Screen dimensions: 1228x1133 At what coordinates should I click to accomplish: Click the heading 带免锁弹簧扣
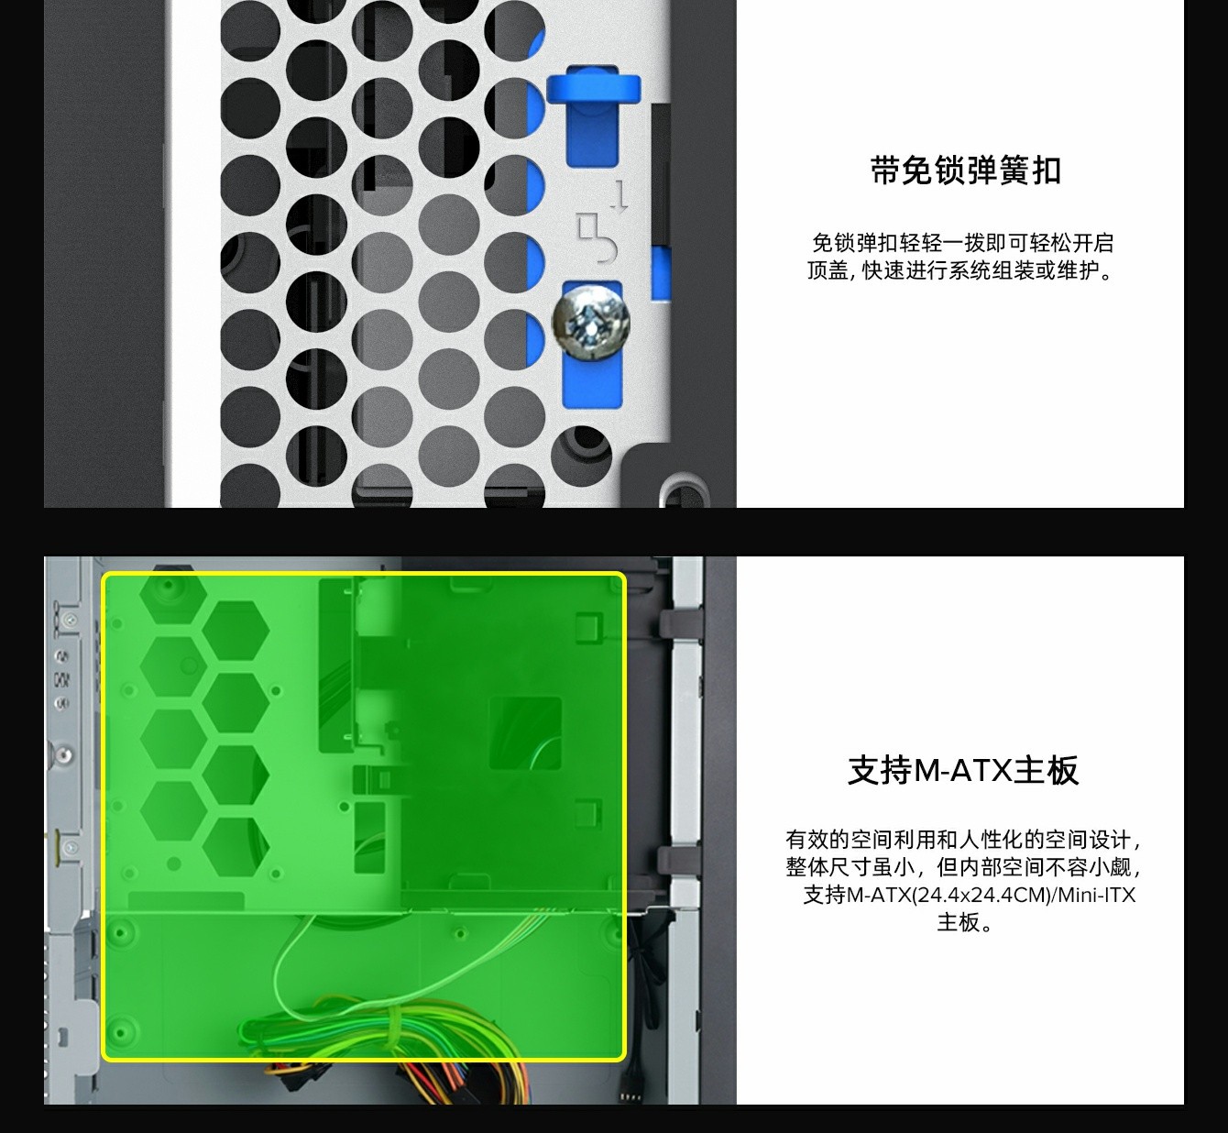[x=965, y=170]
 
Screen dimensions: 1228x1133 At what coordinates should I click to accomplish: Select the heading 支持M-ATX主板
[x=963, y=770]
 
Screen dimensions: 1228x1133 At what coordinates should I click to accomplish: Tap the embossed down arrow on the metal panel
[x=619, y=197]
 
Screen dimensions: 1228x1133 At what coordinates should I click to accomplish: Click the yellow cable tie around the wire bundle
[x=392, y=1027]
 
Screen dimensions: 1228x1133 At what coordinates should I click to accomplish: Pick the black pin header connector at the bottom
[x=630, y=1098]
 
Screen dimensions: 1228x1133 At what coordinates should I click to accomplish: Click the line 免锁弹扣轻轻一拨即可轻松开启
[x=962, y=243]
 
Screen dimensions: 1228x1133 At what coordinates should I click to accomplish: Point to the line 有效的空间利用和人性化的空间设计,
[x=963, y=840]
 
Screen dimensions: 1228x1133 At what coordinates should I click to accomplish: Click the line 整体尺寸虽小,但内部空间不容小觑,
[x=963, y=867]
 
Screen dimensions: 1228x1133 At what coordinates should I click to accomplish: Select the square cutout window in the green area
[x=525, y=733]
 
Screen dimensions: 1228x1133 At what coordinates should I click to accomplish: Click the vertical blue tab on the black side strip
[x=661, y=273]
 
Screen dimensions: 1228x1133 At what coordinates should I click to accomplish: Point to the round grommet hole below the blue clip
[x=581, y=456]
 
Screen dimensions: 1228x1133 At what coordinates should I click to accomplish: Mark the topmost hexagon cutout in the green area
[x=172, y=594]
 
